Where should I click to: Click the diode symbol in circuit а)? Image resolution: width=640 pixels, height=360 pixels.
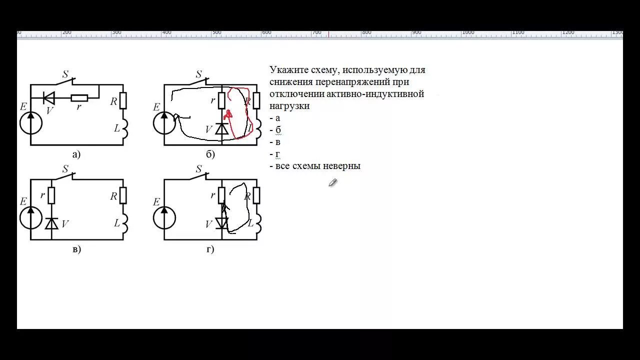pos(49,97)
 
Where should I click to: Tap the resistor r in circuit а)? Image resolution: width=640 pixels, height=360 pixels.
pos(79,97)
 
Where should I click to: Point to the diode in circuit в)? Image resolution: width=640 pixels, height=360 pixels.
pos(51,223)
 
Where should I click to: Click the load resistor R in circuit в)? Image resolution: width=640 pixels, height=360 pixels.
pos(123,195)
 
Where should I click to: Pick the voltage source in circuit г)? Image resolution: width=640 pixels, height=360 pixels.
pos(164,218)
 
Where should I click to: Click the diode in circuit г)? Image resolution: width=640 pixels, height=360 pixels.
pos(221,223)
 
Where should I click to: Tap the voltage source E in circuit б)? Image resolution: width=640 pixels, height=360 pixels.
pos(164,123)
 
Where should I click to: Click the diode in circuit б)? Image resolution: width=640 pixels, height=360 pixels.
pos(221,129)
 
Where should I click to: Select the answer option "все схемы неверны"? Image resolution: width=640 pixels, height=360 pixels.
pos(317,166)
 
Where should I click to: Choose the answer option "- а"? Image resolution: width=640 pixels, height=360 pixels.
pos(275,118)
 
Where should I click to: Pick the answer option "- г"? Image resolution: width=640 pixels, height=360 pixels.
pos(275,154)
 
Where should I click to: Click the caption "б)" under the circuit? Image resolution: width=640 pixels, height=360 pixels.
pos(210,154)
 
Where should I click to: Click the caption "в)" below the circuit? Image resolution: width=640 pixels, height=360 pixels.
pos(76,249)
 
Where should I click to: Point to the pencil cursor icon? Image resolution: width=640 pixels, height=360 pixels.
pos(332,182)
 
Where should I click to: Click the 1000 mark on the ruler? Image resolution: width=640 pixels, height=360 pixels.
pos(468,32)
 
